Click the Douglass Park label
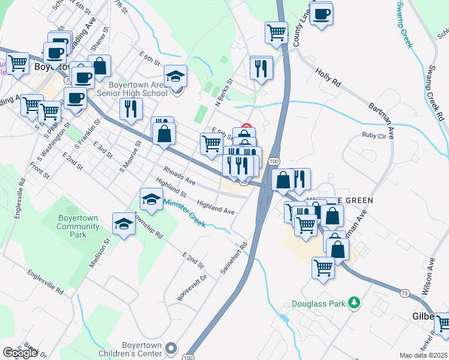[319, 304]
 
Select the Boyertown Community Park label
[78, 222]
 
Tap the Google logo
[20, 353]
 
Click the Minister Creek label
[185, 214]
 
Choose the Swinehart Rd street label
[234, 259]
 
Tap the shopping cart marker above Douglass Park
[324, 266]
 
